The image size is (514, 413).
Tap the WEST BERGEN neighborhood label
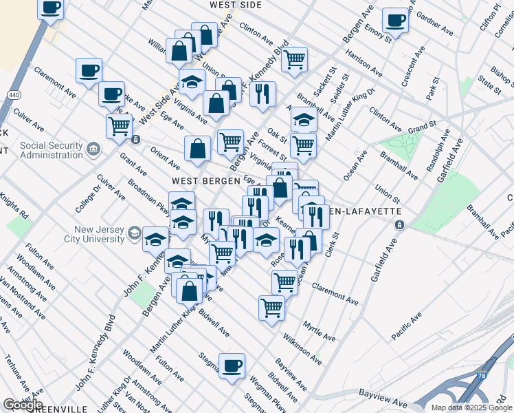199,180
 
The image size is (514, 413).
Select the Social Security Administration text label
52,150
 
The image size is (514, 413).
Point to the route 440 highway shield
13,94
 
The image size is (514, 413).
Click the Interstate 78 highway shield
482,377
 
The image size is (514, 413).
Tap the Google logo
23,405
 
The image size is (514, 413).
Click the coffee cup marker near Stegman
232,364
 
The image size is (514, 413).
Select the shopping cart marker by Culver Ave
120,126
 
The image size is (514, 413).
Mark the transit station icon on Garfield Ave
399,225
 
